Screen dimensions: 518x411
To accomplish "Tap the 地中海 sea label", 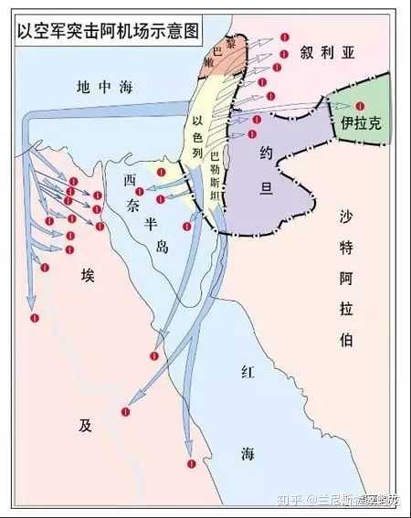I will (105, 87).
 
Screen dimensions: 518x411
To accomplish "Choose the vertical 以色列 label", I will (195, 146).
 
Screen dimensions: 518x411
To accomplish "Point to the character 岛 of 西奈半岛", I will (163, 247).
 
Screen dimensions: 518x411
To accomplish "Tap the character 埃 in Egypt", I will (88, 276).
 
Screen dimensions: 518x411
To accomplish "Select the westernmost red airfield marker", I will (35, 317).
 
